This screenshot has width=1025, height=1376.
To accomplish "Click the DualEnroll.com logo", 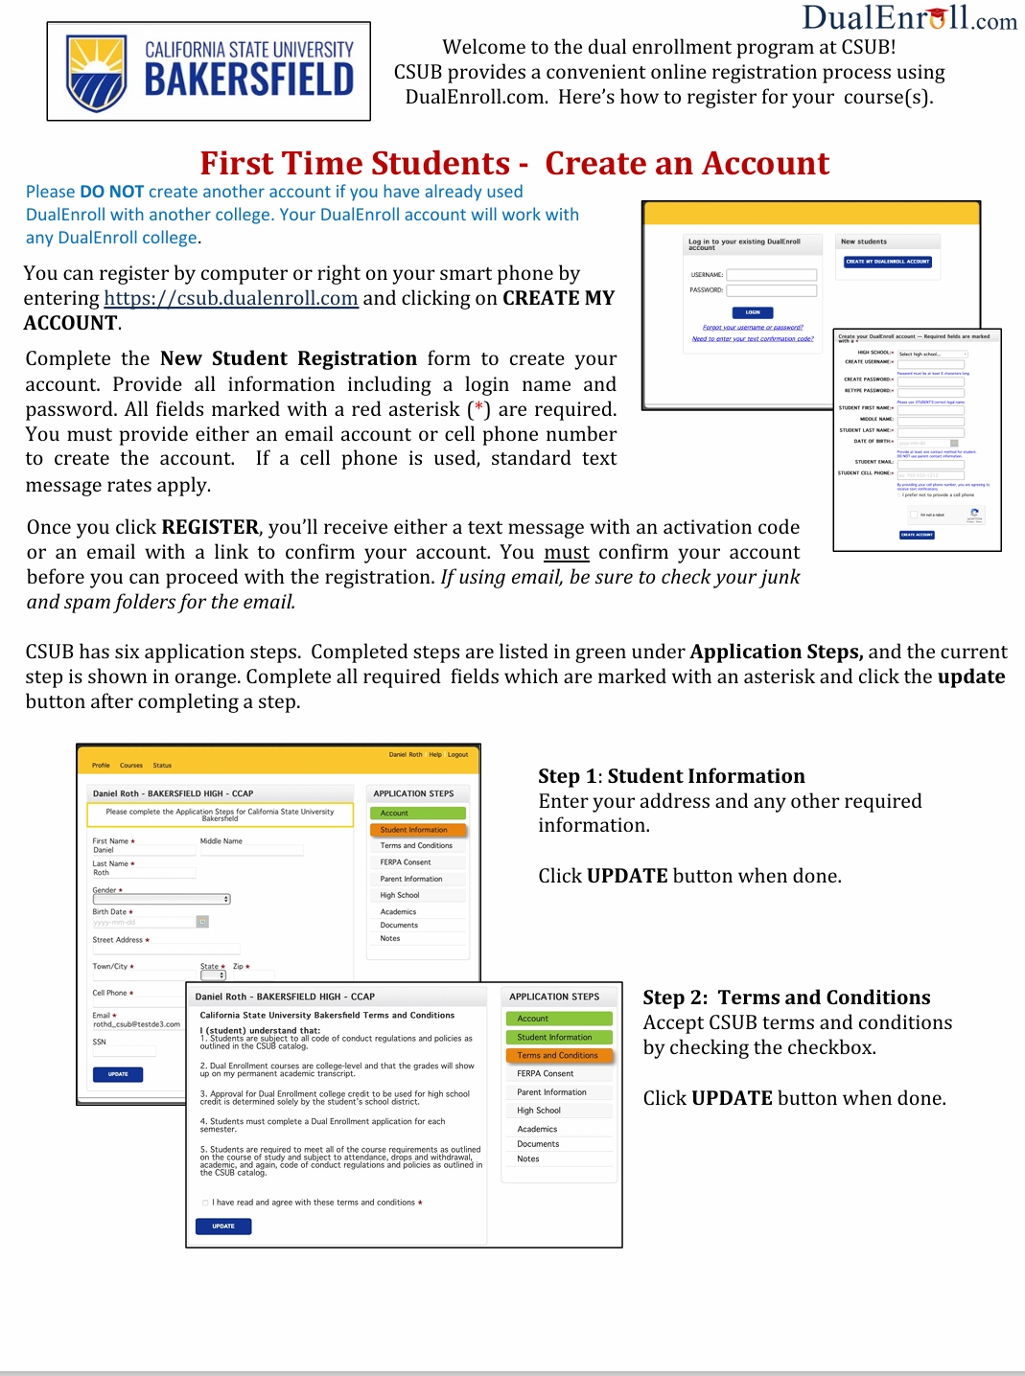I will pos(909,18).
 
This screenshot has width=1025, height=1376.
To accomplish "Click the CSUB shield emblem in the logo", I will pos(96,74).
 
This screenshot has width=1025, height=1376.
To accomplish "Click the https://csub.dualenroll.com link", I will pos(230,298).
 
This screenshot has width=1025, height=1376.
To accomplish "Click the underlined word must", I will pos(566,552).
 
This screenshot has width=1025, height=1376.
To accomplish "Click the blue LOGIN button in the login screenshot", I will pos(753,312).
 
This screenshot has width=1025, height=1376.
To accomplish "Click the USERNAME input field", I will pos(771,275).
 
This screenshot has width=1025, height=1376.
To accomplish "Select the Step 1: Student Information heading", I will pos(671,776).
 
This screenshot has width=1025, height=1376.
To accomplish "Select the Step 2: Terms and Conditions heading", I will pos(786,998).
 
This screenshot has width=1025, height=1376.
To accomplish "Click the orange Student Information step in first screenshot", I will pos(417,830).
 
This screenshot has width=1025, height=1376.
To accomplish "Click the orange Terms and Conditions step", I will pos(558,1055).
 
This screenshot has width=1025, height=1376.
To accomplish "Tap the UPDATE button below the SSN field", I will pos(118,1074).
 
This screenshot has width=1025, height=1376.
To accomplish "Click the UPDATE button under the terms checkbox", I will pos(223,1226).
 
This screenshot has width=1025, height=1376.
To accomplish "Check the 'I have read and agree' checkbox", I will pos(205,1203).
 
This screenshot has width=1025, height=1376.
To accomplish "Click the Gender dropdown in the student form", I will pos(161,899).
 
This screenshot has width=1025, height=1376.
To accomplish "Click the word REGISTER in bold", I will pos(210,527).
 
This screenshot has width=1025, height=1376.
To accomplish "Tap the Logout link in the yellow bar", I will pos(457,754).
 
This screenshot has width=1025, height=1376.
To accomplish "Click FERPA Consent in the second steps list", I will pos(545,1073).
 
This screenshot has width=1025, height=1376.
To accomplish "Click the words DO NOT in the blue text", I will pos(111,192).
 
